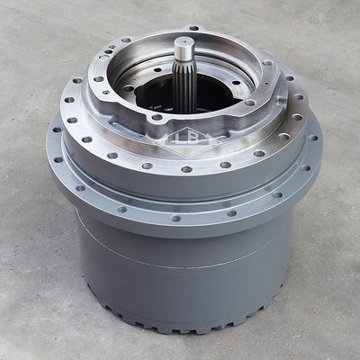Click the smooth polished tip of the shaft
(183, 48)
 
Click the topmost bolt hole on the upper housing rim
(194, 28)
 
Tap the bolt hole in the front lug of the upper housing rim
(157, 117)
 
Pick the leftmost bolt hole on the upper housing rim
(98, 79)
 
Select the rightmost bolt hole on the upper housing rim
(267, 63)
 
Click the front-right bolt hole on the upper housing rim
(250, 103)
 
